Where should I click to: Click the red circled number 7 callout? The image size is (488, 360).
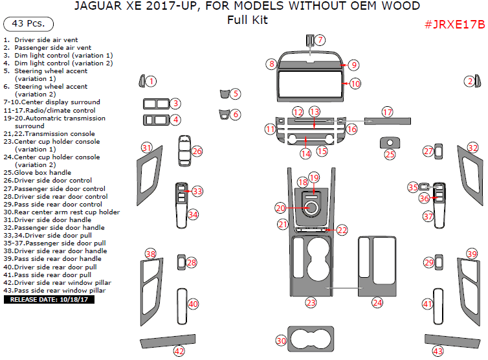tap(320, 40)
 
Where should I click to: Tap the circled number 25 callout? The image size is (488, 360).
tap(390, 154)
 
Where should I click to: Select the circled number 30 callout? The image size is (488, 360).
tap(281, 341)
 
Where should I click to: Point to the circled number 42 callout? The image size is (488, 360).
tap(179, 351)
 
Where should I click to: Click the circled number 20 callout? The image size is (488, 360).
tap(280, 208)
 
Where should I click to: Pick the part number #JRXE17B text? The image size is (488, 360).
tap(454, 25)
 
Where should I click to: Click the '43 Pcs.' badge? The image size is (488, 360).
tap(28, 24)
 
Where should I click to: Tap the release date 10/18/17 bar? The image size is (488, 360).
tap(49, 300)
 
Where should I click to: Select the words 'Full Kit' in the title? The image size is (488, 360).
tap(247, 19)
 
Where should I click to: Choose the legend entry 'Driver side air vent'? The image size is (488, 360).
tap(50, 40)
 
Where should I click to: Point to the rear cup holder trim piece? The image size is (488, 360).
tap(311, 339)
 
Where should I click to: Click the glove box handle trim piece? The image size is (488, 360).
tap(390, 142)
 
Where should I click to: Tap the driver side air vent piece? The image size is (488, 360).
tap(142, 81)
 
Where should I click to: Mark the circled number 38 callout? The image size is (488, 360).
tap(151, 253)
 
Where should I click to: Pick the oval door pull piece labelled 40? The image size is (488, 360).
tap(183, 304)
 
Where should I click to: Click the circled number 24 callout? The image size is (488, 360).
tap(377, 302)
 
